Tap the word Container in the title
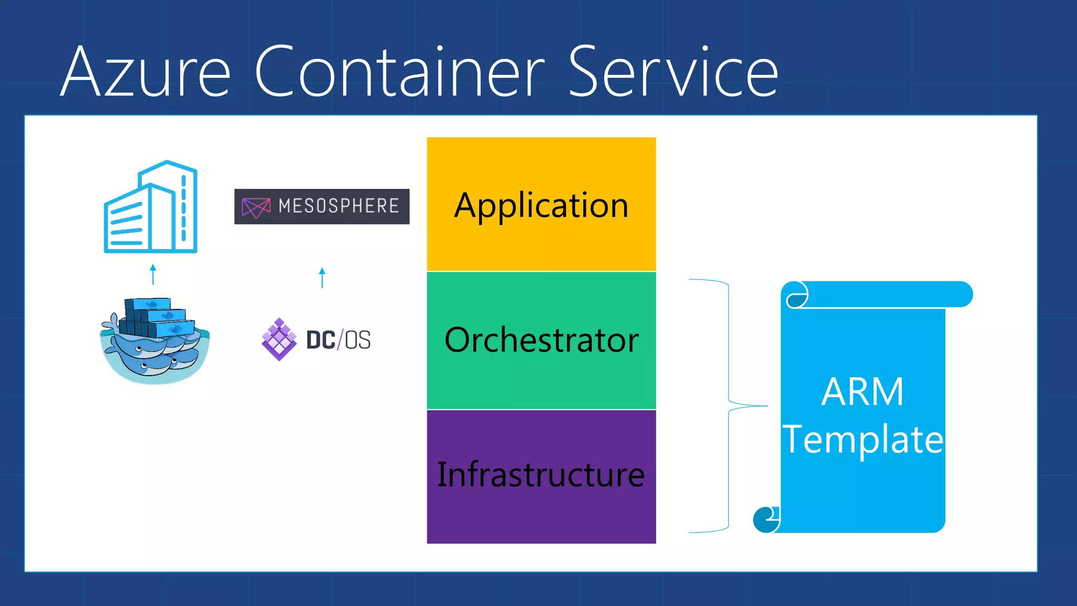[x=400, y=72]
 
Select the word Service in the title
[x=673, y=72]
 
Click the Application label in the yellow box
[x=541, y=205]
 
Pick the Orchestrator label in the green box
[x=541, y=340]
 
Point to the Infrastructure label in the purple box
[x=541, y=474]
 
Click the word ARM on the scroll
[x=862, y=392]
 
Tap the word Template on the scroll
[x=862, y=439]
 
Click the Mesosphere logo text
[x=339, y=206]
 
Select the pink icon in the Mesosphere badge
[x=256, y=207]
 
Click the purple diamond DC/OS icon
[x=279, y=339]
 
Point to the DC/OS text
[x=339, y=340]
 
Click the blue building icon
[x=151, y=207]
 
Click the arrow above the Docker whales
[x=153, y=274]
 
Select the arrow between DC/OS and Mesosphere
[x=322, y=278]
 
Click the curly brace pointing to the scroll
[x=729, y=406]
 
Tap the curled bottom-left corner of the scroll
[x=766, y=520]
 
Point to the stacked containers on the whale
[x=153, y=316]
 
